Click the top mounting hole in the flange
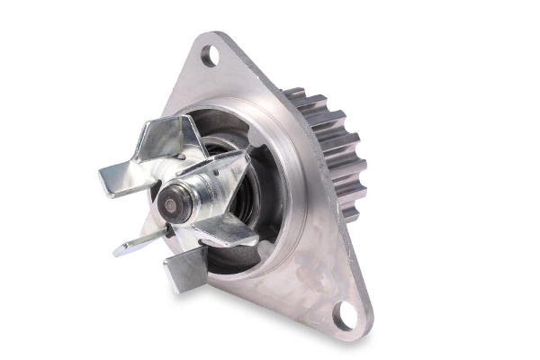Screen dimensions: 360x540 point(210,57)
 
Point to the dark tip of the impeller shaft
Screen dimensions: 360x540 point(169,205)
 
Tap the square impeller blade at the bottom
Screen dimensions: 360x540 point(184,267)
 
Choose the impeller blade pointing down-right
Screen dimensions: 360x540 point(225,232)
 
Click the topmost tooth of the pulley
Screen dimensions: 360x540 point(294,93)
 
